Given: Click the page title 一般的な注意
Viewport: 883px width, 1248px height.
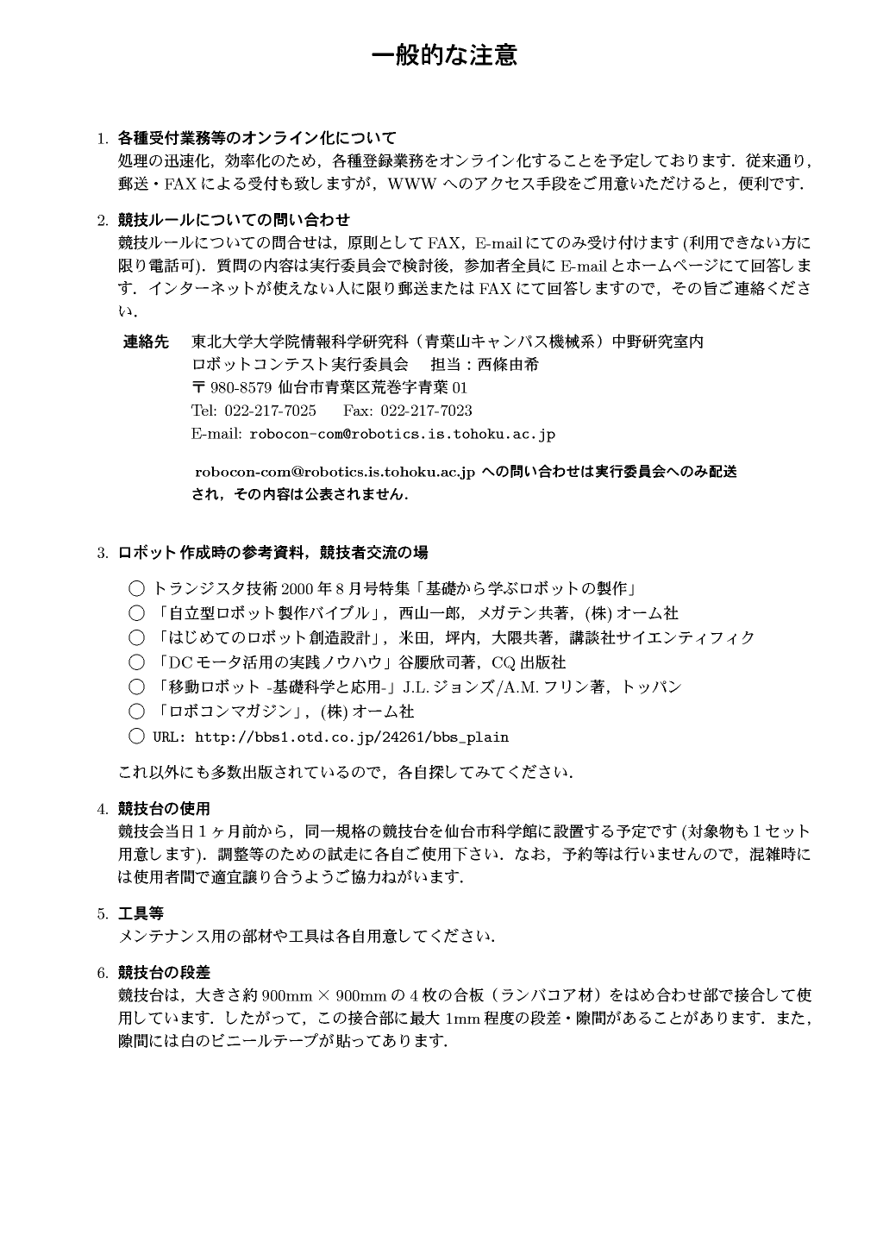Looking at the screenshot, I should click(x=444, y=56).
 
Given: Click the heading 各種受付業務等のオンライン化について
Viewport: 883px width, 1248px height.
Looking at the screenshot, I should click(x=257, y=137).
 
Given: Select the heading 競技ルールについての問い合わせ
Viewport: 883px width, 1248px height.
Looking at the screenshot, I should click(x=234, y=219).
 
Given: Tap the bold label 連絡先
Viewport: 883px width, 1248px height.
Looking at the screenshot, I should click(x=146, y=342).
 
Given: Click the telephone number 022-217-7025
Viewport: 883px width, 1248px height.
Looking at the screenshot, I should click(x=270, y=411).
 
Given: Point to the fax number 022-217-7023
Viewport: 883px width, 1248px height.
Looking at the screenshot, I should click(x=426, y=411).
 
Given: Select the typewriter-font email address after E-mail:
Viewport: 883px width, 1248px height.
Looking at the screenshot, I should click(x=402, y=434).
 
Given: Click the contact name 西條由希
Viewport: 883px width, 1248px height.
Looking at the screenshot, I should click(x=508, y=364).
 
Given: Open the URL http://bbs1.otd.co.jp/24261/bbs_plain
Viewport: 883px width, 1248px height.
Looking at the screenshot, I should click(x=352, y=737).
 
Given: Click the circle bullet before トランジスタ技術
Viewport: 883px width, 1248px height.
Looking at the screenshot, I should click(x=136, y=589).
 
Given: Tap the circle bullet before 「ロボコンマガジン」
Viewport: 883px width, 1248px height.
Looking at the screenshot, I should click(x=136, y=712).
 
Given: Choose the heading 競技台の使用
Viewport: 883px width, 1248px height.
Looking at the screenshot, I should click(x=164, y=808).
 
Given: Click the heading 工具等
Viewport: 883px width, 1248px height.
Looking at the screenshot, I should click(x=141, y=913).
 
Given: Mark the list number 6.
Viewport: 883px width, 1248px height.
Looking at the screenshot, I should click(x=102, y=973).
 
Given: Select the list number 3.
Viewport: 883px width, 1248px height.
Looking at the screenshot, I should click(x=102, y=553).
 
